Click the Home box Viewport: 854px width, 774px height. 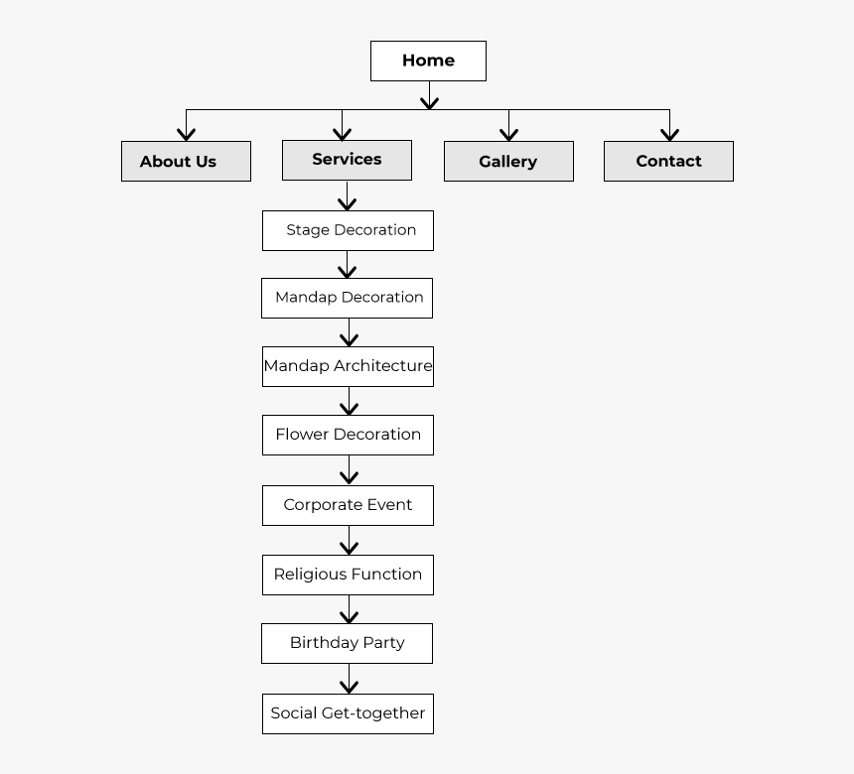coord(428,61)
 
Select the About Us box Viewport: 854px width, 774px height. coord(187,161)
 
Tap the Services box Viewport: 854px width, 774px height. coord(347,160)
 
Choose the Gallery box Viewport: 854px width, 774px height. coord(508,161)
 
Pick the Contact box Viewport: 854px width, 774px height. coord(669,161)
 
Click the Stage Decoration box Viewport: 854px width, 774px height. coord(348,231)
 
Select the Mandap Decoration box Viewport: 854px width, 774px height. coord(347,299)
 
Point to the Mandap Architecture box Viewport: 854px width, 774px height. coord(348,367)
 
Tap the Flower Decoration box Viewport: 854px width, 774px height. coord(348,435)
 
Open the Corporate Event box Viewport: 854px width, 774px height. coord(348,506)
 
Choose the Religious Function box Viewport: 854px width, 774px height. coord(348,575)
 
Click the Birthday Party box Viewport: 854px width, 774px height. coord(347,643)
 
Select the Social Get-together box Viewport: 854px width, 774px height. coord(348,714)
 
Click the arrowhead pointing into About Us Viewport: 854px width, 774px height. coord(187,135)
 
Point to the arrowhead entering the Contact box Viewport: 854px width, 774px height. coord(669,135)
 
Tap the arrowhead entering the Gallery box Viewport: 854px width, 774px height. coord(508,135)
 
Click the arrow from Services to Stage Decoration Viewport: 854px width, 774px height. coord(347,195)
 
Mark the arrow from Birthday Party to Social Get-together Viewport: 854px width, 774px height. coord(350,679)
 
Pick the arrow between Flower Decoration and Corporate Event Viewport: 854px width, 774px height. coord(350,469)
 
